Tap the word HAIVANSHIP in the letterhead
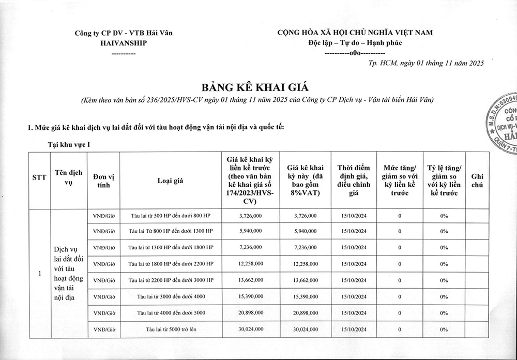(x=124, y=43)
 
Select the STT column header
(x=40, y=180)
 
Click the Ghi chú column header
(x=477, y=180)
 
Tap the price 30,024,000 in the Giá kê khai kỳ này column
(x=305, y=329)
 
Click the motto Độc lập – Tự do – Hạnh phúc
(x=353, y=43)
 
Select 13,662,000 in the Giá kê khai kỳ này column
(x=305, y=280)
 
